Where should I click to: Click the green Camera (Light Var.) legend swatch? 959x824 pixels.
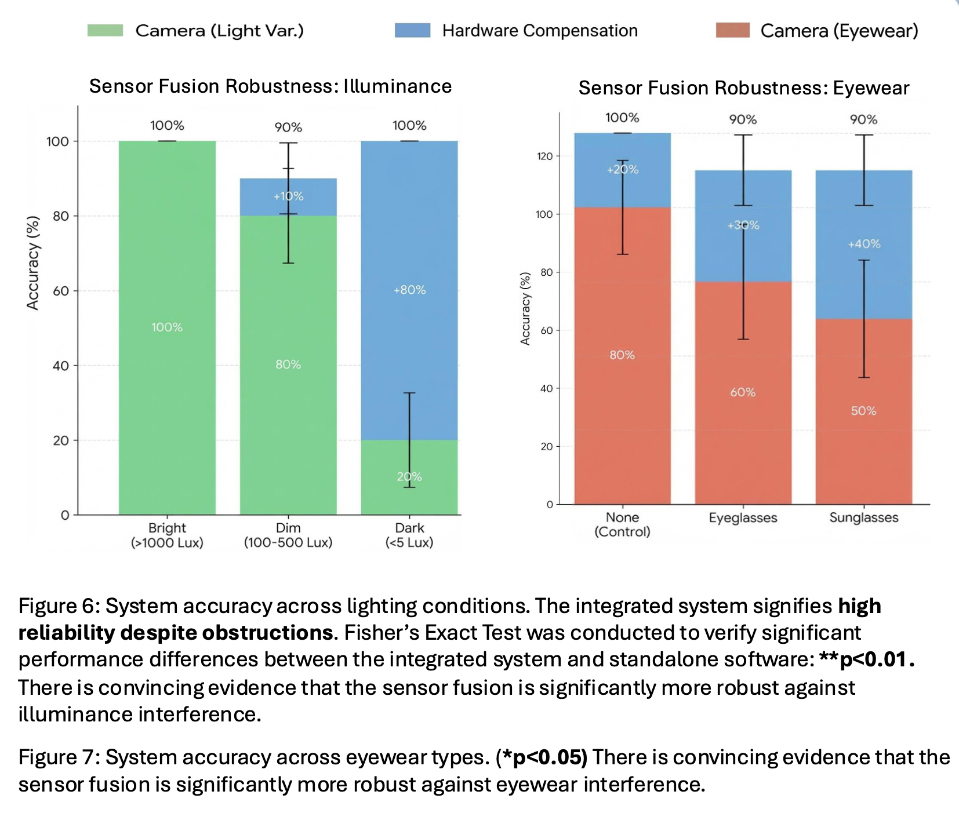[105, 31]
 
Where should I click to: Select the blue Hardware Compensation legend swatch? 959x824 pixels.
[412, 31]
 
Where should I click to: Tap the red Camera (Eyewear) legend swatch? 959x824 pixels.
[733, 31]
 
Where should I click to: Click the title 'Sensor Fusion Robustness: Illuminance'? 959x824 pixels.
[270, 86]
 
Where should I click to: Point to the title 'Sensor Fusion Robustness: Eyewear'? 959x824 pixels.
[743, 88]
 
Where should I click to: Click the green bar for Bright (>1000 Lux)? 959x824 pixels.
[167, 261]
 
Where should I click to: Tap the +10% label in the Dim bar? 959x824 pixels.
[288, 196]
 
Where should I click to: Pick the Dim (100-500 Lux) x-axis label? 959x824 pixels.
[288, 535]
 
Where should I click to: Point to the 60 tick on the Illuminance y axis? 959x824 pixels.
[61, 291]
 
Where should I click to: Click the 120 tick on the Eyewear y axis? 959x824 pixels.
[545, 156]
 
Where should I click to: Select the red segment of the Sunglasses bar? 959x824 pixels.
[863, 440]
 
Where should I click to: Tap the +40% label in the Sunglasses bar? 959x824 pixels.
[864, 244]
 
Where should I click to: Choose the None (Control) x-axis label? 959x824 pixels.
[622, 524]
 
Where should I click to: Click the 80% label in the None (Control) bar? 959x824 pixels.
[622, 355]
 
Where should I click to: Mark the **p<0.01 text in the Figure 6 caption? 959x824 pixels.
[866, 659]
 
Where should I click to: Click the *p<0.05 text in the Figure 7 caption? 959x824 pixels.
[542, 757]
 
